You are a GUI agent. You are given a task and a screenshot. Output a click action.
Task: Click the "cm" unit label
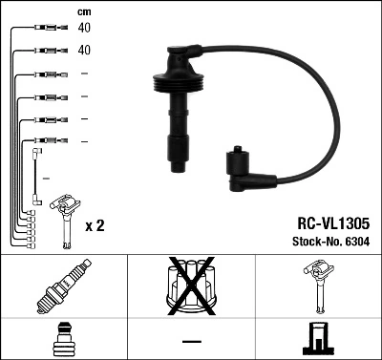[x=83, y=11]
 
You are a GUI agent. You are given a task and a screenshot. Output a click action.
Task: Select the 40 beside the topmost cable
[x=84, y=29]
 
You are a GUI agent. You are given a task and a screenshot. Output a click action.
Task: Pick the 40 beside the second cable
[x=84, y=50]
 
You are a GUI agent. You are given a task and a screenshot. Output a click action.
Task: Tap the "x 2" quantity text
[x=95, y=226]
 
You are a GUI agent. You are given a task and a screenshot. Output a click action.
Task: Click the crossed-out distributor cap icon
[x=191, y=286]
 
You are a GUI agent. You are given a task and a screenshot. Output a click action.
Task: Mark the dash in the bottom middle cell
[x=191, y=340]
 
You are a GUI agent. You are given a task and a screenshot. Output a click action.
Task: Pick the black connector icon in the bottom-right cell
[x=318, y=340]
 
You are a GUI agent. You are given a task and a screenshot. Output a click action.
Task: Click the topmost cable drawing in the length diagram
[x=42, y=29]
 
